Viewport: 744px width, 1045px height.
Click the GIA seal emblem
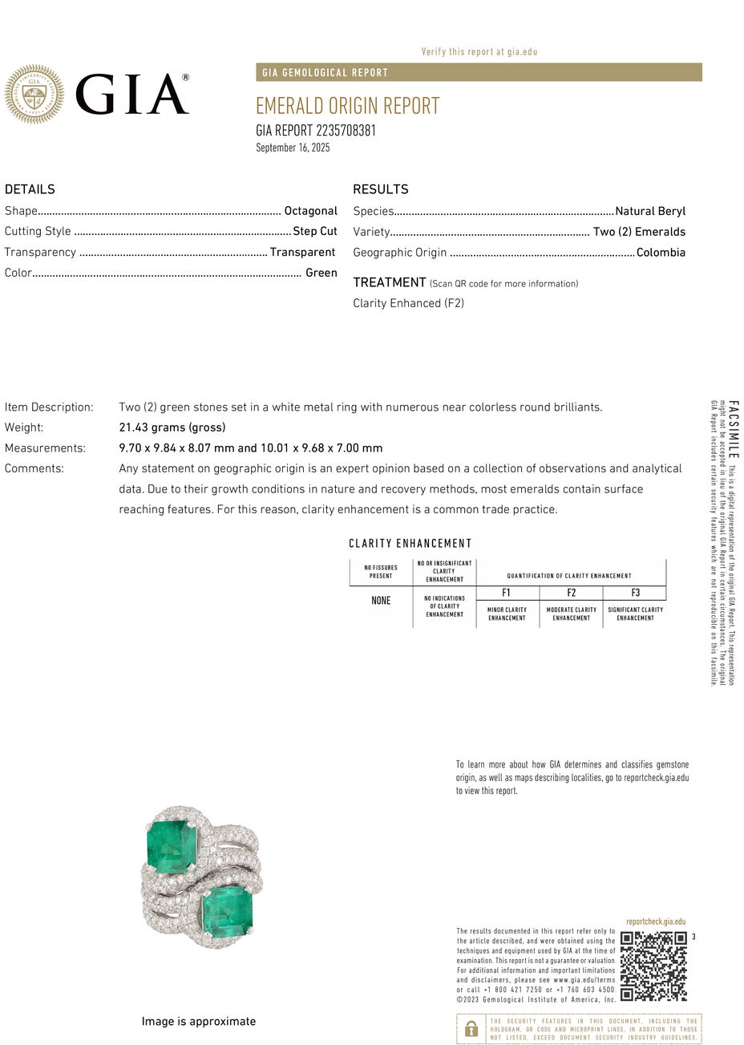point(34,95)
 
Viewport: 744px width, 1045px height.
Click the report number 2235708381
point(316,131)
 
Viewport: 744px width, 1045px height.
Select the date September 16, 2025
point(293,148)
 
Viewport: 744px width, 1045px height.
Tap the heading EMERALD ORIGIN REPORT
point(347,106)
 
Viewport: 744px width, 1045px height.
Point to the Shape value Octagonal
point(310,211)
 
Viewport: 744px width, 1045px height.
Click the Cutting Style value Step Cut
point(314,231)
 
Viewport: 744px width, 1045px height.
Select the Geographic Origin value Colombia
point(661,253)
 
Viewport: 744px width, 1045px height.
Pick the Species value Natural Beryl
point(650,211)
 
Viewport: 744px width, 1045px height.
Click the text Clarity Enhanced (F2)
point(408,303)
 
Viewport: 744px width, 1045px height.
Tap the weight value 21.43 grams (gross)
point(172,427)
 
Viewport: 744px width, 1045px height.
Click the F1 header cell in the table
point(507,593)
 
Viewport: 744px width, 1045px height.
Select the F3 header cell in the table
point(635,593)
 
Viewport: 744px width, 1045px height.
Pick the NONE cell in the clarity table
point(381,601)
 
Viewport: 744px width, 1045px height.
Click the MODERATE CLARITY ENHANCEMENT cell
point(571,614)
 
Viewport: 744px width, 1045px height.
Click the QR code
point(653,966)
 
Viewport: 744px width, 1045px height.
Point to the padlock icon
point(471,1028)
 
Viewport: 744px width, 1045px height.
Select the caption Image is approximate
point(199,1022)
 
